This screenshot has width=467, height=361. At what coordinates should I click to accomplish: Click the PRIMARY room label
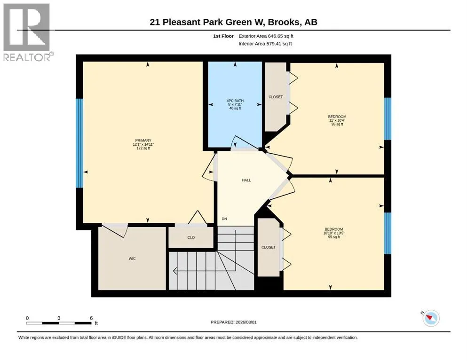click(x=143, y=141)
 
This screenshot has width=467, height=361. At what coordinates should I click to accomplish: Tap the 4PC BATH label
click(x=235, y=101)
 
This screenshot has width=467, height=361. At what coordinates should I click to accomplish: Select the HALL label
click(x=246, y=180)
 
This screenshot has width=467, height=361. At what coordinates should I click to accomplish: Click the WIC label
click(x=132, y=259)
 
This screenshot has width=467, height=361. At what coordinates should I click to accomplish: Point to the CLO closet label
click(x=191, y=237)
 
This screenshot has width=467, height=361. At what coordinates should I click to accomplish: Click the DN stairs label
click(x=224, y=219)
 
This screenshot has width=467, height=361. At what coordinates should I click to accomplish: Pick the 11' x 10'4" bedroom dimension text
click(x=337, y=120)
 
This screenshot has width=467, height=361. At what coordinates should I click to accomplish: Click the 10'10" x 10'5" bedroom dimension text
click(x=334, y=233)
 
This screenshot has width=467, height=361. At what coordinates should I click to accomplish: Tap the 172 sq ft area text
click(x=143, y=148)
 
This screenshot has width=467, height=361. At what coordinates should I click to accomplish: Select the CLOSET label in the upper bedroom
click(x=276, y=97)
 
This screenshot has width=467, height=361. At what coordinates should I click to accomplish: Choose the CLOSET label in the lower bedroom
click(x=269, y=247)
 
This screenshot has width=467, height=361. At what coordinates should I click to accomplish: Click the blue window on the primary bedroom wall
click(x=79, y=143)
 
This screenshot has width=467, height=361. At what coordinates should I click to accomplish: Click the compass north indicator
click(x=430, y=318)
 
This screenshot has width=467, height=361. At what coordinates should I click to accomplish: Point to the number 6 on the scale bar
click(x=91, y=318)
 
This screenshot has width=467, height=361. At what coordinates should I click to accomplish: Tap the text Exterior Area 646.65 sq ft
click(x=266, y=36)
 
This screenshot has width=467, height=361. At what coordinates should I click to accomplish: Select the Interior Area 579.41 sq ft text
click(x=265, y=44)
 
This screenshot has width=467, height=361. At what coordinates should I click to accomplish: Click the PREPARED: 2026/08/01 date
click(x=233, y=322)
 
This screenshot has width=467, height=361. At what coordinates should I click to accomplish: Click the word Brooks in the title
click(x=284, y=22)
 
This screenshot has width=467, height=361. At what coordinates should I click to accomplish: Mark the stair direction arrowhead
click(x=175, y=271)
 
